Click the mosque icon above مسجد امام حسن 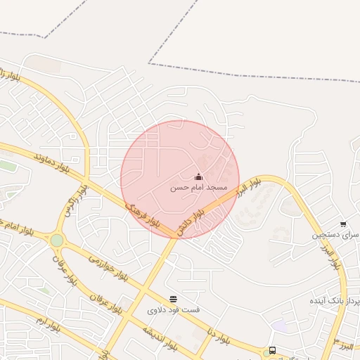(x=198, y=176)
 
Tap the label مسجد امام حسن (x=198, y=188)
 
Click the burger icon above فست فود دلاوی (x=174, y=299)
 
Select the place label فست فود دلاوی (x=174, y=309)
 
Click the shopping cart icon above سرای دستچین (x=342, y=224)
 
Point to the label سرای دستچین (x=336, y=234)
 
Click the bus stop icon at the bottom (x=272, y=351)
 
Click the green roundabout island (x=56, y=240)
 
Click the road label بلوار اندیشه (x=162, y=337)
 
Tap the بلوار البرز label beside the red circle (x=247, y=186)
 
